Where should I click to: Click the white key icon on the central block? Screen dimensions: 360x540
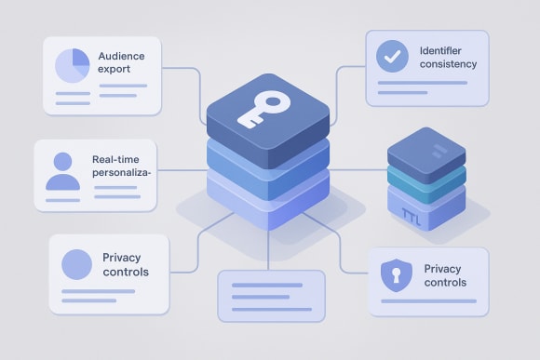point(263,111)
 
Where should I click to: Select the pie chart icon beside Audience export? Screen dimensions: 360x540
point(73,65)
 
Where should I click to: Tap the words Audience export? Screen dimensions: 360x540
point(121,62)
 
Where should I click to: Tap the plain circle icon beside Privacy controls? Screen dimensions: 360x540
point(76,264)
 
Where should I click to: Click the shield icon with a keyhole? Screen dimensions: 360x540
point(395,275)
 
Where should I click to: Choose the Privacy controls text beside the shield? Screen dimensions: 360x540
point(442,275)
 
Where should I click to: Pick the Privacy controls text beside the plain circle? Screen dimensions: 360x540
point(125,264)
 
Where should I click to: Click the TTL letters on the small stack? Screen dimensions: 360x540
point(412,216)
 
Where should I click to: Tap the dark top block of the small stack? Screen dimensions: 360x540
point(425,150)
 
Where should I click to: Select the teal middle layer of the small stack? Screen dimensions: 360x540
point(425,177)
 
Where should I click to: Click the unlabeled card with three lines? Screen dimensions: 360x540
point(270,296)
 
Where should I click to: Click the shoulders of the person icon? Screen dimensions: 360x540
point(62,180)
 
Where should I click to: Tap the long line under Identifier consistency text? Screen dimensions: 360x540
point(424,83)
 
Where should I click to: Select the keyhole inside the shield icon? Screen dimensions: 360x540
point(395,274)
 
